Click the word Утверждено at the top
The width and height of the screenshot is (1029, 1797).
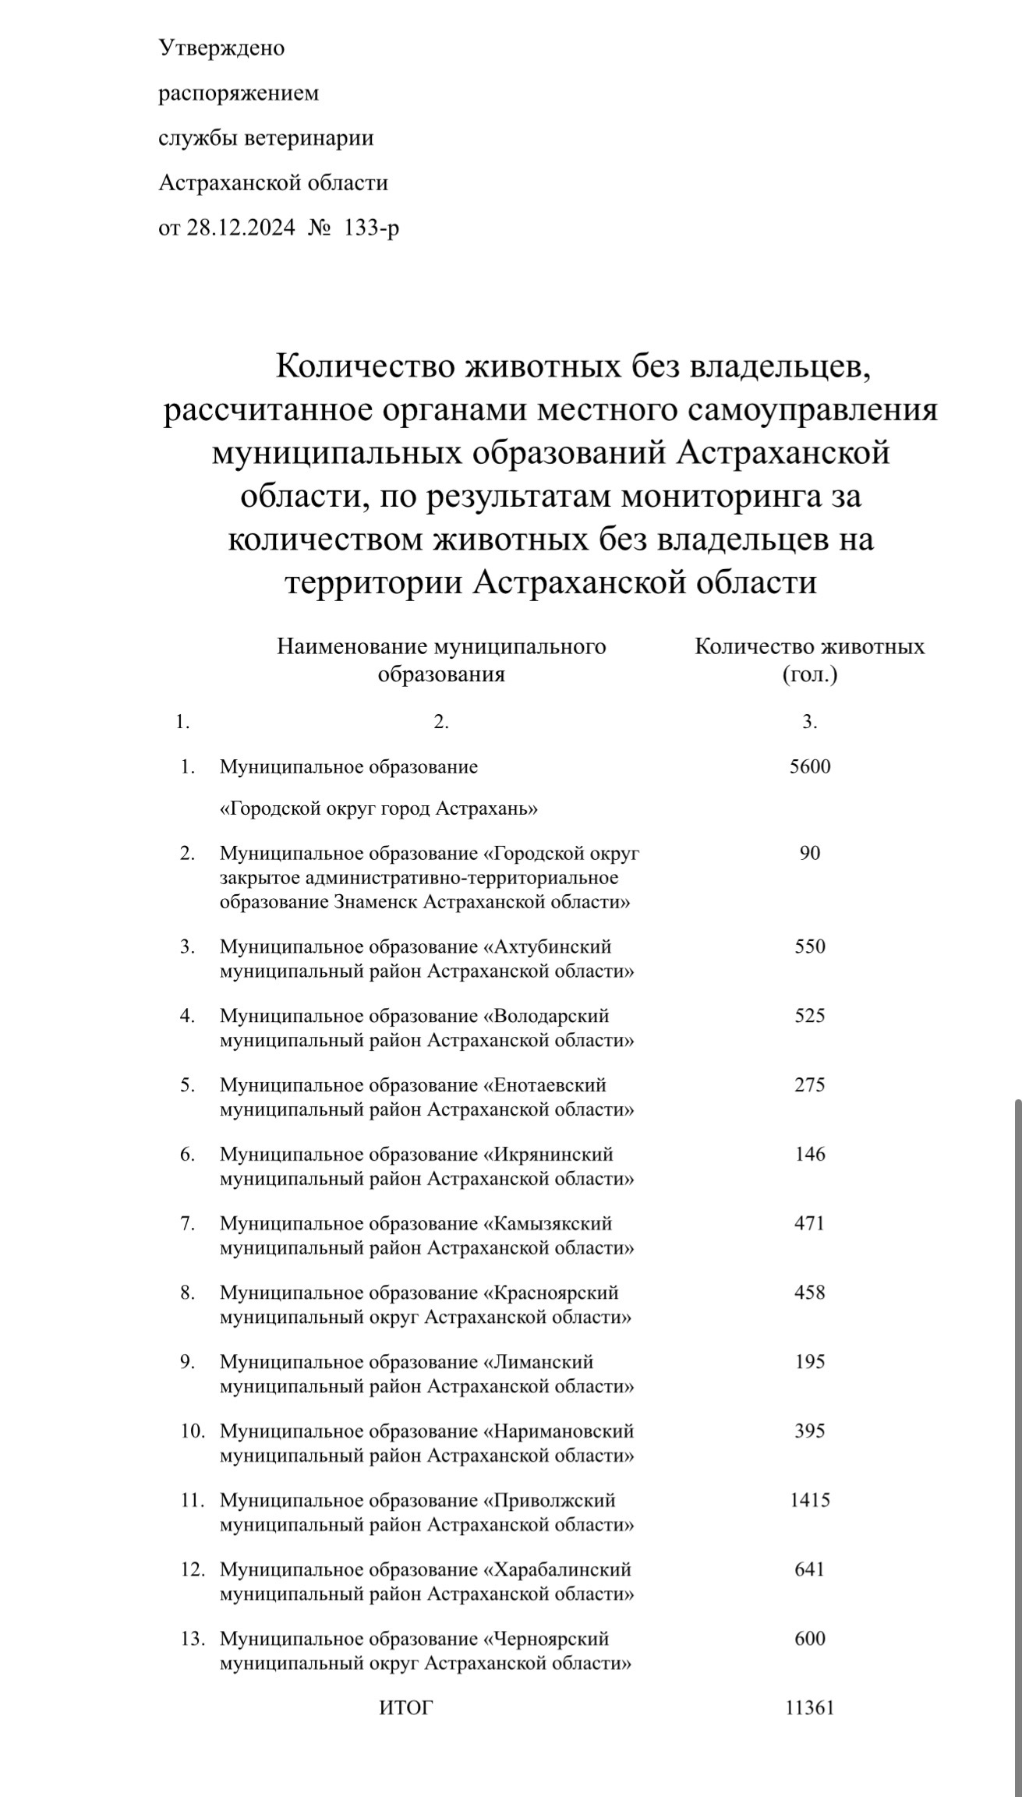pos(221,48)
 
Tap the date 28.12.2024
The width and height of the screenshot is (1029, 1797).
pos(241,228)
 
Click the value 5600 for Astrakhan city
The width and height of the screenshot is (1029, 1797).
pos(810,766)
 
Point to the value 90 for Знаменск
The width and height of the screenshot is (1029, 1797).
pos(810,853)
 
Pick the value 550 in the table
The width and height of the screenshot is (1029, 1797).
pos(810,946)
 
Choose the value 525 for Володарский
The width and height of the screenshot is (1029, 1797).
pos(810,1016)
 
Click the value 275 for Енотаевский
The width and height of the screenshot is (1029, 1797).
pos(810,1085)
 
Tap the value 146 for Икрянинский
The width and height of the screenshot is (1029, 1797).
pos(810,1155)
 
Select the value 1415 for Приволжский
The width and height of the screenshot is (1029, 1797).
pos(810,1500)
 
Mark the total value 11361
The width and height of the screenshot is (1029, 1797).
pos(810,1708)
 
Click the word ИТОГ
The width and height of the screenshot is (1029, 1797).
pos(405,1708)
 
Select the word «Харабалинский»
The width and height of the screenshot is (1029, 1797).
pos(557,1569)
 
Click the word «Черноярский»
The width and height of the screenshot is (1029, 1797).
pos(546,1639)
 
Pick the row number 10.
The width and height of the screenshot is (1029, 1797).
pos(193,1431)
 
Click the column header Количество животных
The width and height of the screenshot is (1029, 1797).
pos(810,647)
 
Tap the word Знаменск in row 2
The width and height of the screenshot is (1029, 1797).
pos(377,903)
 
